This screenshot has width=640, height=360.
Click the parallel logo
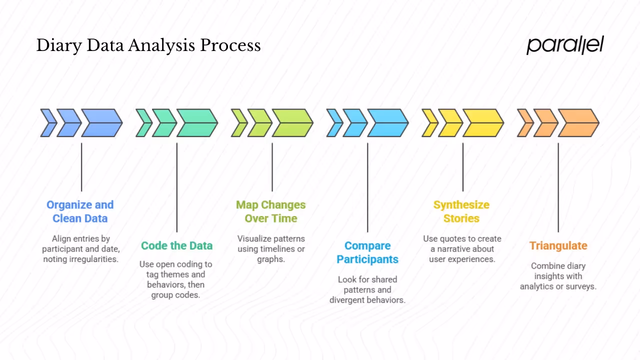(x=565, y=45)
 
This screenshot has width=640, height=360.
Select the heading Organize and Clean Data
(x=80, y=211)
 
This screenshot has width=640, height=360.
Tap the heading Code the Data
(x=176, y=245)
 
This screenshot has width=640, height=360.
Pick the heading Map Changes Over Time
(x=270, y=211)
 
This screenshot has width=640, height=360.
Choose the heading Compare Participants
(x=367, y=252)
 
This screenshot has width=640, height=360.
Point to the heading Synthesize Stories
(x=461, y=211)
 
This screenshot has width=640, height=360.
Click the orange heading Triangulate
(x=558, y=245)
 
